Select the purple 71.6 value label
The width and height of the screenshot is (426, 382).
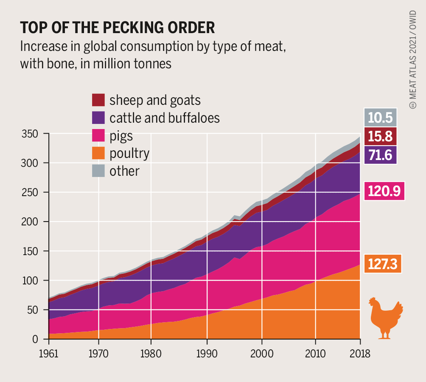381,155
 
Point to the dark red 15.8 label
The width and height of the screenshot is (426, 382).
381,136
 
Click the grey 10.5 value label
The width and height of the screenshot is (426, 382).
381,118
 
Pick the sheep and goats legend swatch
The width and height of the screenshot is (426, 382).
98,100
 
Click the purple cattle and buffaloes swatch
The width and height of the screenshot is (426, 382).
98,118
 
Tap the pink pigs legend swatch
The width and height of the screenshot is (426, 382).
98,135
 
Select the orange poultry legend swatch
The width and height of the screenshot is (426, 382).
98,153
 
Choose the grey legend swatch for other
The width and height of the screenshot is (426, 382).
98,170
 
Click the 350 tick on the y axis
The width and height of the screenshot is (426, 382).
30,134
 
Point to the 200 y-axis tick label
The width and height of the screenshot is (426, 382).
30,222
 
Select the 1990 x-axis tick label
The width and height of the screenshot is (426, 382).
207,353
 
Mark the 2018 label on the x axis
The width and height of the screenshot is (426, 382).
360,353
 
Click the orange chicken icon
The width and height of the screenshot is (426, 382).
386,318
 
